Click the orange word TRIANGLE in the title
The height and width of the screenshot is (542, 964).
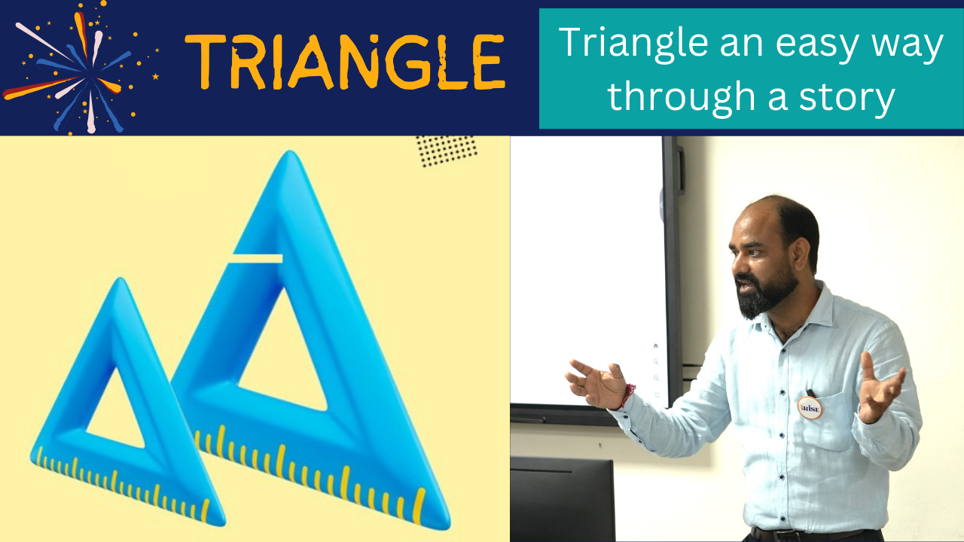point(345,62)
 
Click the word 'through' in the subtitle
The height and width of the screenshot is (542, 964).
point(681,96)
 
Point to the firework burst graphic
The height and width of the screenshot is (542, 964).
point(82,69)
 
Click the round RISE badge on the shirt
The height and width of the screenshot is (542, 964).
point(810,407)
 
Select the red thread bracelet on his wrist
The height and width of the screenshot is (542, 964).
point(628,396)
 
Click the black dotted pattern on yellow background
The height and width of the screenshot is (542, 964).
point(447,151)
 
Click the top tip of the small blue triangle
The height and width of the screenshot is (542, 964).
point(121,279)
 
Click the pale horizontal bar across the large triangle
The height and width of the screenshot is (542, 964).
point(256,258)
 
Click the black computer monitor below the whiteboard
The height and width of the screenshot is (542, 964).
point(563,499)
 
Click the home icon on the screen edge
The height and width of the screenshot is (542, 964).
point(655,346)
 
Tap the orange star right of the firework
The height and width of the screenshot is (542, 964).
point(155,77)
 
